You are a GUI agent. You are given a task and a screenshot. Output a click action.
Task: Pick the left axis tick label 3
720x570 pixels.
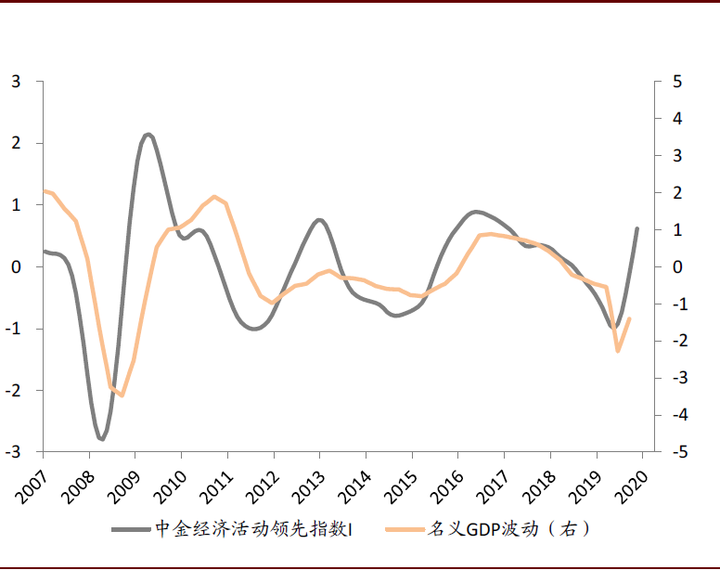coord(16,82)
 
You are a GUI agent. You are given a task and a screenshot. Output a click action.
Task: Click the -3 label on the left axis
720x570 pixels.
coord(13,452)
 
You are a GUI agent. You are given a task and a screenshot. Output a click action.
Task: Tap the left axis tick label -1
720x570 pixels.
coord(13,329)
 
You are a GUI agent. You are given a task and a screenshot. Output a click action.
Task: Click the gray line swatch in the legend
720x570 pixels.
coord(131,529)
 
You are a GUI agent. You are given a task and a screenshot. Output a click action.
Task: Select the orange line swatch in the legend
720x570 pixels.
coord(399,529)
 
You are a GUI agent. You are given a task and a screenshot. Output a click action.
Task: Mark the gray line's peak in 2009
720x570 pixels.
coord(148,135)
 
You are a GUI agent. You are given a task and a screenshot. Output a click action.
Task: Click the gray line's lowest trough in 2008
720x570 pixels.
coord(101,438)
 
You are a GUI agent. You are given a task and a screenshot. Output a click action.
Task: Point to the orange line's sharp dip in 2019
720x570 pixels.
coord(618,350)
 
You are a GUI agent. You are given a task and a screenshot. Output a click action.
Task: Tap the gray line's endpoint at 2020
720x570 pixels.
coord(636,228)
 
